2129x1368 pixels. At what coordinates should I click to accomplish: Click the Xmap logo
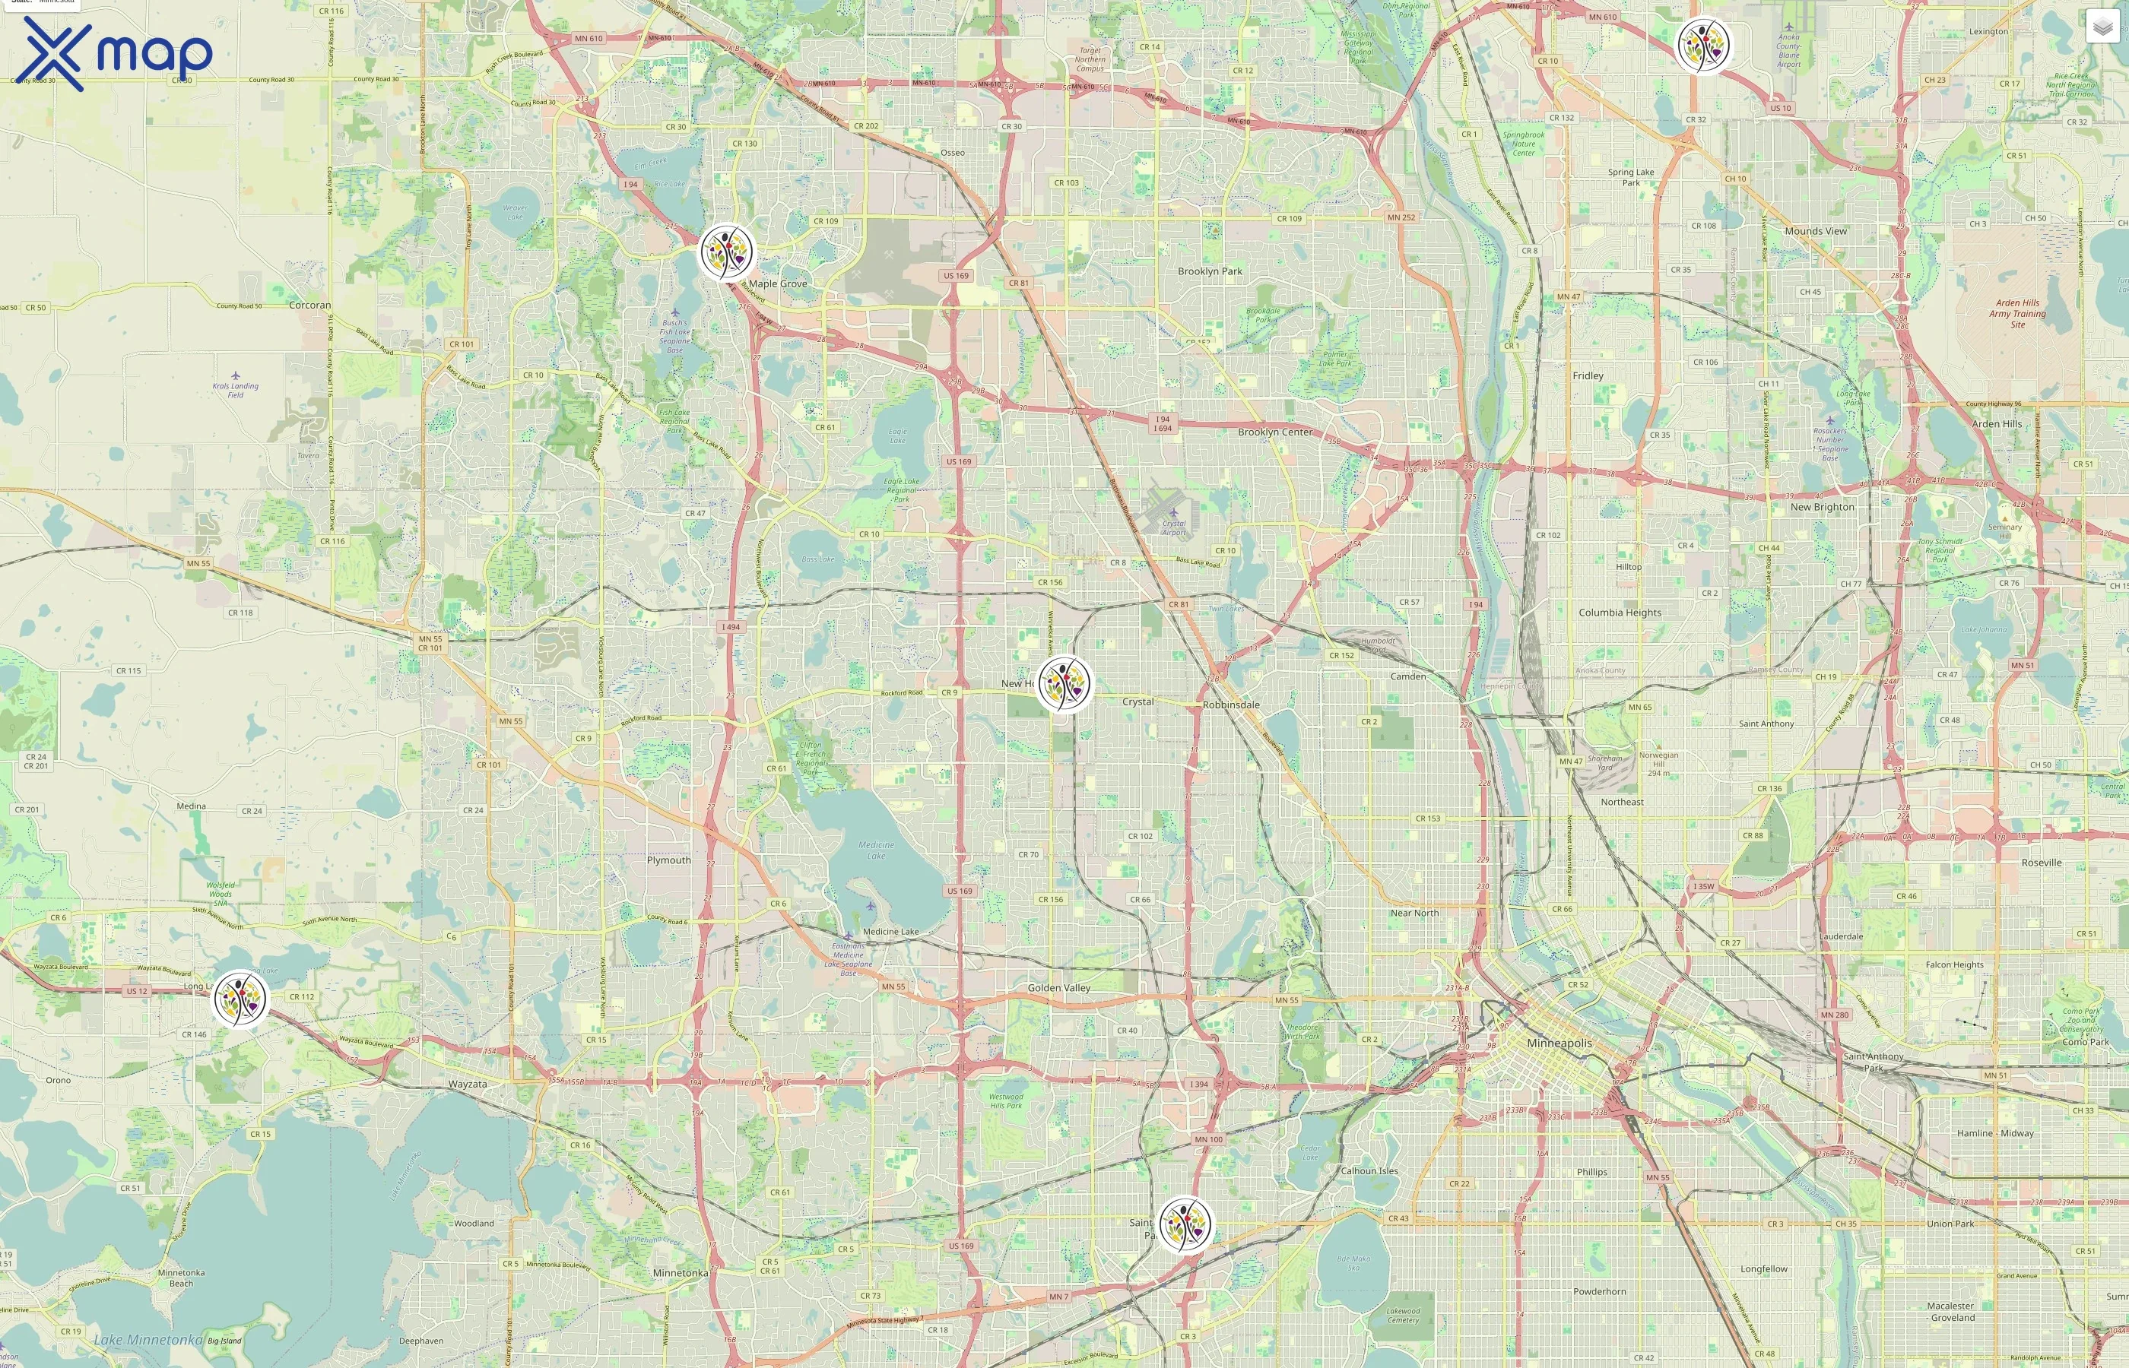[116, 53]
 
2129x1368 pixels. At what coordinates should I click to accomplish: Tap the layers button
[2102, 27]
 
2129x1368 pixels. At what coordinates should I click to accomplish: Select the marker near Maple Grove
[727, 252]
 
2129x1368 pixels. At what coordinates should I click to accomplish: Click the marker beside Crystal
[1064, 683]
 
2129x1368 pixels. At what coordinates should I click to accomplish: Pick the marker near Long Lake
[240, 999]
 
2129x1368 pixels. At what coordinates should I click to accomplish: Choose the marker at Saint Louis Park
[1185, 1225]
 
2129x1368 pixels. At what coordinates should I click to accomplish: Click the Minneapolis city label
[1559, 1043]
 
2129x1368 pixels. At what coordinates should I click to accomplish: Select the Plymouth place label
[668, 860]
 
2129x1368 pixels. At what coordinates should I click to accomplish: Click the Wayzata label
[468, 1084]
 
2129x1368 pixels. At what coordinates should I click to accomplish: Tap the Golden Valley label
[1058, 988]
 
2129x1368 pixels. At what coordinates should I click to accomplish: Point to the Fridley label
[1588, 375]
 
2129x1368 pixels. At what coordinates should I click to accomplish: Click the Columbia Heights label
[1619, 612]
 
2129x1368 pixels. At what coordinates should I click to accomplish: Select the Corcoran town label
[309, 305]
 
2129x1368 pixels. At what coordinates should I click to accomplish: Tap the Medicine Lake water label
[876, 850]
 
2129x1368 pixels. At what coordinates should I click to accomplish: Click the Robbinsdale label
[1231, 705]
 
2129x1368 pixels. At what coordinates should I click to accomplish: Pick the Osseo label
[953, 153]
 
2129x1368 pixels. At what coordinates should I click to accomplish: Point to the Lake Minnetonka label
[148, 1340]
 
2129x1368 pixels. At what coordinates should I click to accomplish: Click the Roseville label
[2041, 863]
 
